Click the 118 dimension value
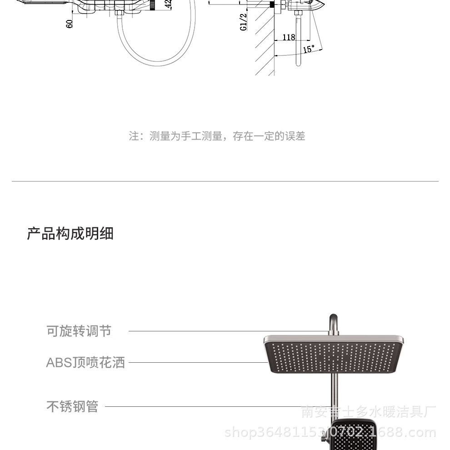[289, 37]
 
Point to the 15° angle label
[309, 49]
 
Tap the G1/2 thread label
[244, 21]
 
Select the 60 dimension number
[70, 23]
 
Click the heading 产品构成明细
[70, 234]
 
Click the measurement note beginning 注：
[217, 136]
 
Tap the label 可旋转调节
[79, 331]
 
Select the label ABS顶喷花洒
[85, 363]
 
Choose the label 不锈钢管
[72, 406]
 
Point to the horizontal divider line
[225, 181]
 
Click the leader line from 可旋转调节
[227, 331]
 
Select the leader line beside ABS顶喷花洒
[195, 363]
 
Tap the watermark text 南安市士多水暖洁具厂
[368, 412]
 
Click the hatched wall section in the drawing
[265, 41]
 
